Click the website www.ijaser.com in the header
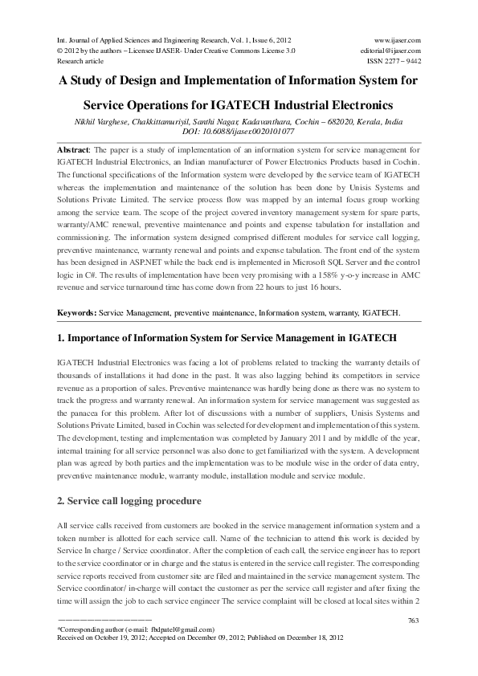point(398,39)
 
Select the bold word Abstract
point(75,151)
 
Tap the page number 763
point(414,620)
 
